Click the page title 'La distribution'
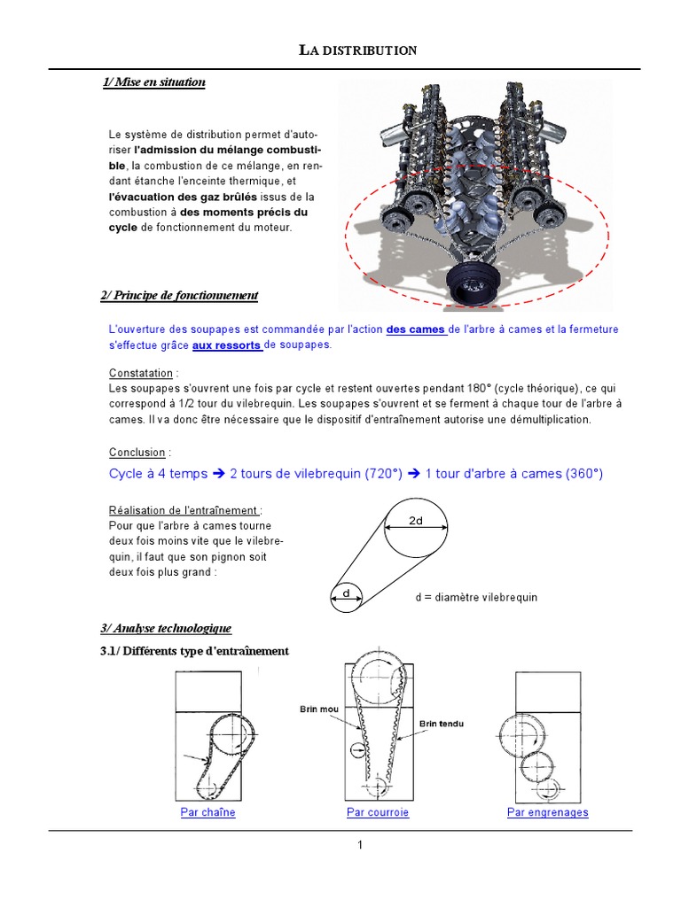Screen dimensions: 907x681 click(x=357, y=50)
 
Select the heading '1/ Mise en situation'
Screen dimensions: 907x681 click(x=154, y=82)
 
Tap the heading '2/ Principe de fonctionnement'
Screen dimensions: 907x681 click(x=180, y=295)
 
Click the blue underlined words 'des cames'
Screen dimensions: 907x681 click(x=416, y=329)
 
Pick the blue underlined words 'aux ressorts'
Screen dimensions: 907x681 click(x=226, y=345)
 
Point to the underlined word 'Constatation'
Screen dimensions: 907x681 click(x=140, y=373)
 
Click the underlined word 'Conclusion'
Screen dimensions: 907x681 click(x=137, y=453)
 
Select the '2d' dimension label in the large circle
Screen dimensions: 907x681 click(x=416, y=522)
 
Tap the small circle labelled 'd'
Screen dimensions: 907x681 click(x=346, y=596)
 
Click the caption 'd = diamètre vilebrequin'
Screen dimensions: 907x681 click(x=476, y=597)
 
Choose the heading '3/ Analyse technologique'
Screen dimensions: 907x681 click(x=166, y=628)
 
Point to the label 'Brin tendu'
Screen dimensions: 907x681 click(x=441, y=724)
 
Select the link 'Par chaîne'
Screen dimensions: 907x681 click(x=207, y=812)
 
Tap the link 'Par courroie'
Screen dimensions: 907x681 click(x=378, y=812)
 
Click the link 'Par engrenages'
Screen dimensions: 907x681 click(x=547, y=812)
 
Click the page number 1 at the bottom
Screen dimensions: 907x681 click(x=360, y=845)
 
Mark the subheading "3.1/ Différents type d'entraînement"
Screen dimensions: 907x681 click(x=194, y=651)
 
